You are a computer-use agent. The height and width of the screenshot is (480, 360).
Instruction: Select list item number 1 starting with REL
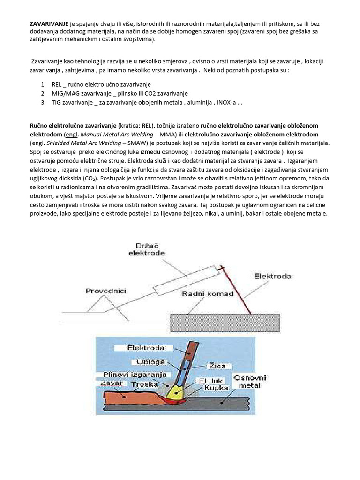coord(101,84)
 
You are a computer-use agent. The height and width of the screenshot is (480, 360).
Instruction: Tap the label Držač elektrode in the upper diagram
coord(146,249)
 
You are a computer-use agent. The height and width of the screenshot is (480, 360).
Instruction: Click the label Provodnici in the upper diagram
coord(105,291)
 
